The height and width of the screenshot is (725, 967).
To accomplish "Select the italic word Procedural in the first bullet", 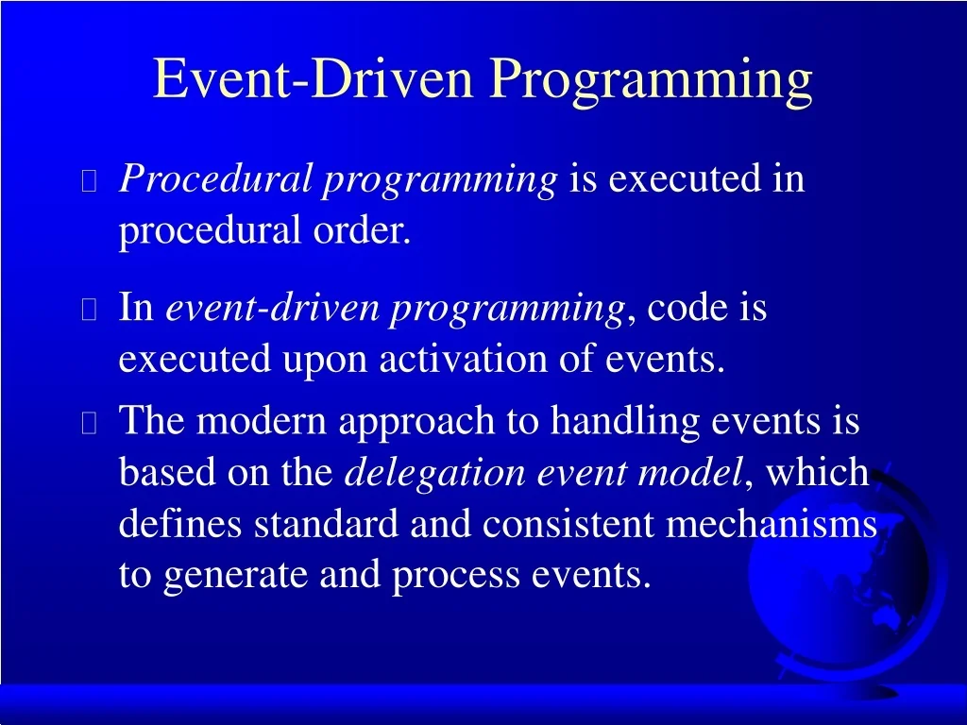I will (214, 178).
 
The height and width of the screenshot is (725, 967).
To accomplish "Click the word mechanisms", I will (772, 524).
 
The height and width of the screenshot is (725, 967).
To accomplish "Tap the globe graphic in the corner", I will (850, 576).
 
